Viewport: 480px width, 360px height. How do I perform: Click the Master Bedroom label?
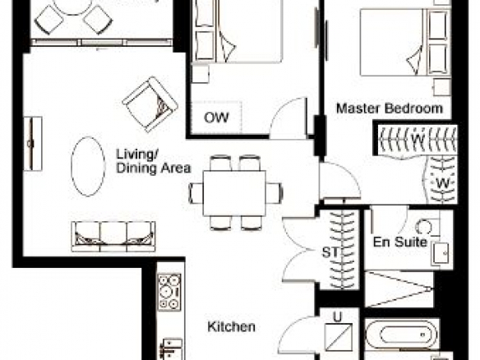390,108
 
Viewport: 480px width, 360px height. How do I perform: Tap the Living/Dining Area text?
154,161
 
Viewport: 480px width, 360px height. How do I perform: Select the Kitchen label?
232,326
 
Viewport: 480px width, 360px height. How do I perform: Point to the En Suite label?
400,242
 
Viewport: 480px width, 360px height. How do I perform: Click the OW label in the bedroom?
216,118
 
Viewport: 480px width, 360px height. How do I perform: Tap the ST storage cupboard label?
330,252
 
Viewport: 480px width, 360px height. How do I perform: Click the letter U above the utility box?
337,317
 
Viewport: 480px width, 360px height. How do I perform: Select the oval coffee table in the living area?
88,166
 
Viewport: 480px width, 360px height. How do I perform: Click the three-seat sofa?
113,237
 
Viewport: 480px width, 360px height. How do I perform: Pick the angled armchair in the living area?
150,104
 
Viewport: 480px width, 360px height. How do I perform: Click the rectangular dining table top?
234,193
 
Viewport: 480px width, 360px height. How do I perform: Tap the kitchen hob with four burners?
169,292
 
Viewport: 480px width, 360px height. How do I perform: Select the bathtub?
403,335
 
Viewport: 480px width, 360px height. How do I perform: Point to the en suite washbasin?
441,253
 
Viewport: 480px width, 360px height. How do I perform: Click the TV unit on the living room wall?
33,144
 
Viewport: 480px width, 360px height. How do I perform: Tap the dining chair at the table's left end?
196,193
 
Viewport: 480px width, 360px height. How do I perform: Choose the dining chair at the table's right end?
275,193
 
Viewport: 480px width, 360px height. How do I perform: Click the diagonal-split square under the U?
339,337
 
